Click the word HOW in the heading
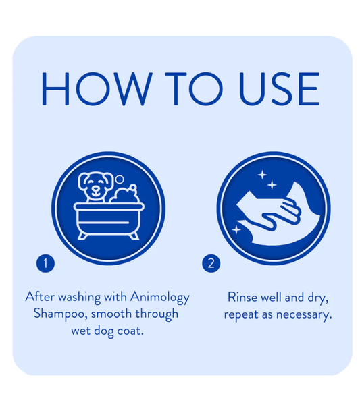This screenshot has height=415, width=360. pyautogui.click(x=97, y=88)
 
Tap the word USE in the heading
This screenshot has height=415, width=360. pyautogui.click(x=279, y=88)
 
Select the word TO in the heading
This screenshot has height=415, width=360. pyautogui.click(x=194, y=88)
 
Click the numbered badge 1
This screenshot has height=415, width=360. pyautogui.click(x=45, y=263)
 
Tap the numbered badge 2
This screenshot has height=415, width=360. pyautogui.click(x=211, y=263)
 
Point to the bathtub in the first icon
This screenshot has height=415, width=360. pyautogui.click(x=109, y=221)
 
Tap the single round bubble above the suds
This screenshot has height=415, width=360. pyautogui.click(x=120, y=179)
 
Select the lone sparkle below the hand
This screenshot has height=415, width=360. pyautogui.click(x=236, y=229)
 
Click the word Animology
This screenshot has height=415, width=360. pyautogui.click(x=159, y=297)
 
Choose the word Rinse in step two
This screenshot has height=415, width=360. pyautogui.click(x=242, y=297)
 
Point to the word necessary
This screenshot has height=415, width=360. pyautogui.click(x=304, y=315)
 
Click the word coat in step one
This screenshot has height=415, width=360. pyautogui.click(x=130, y=331)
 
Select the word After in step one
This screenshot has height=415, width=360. pyautogui.click(x=40, y=296)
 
